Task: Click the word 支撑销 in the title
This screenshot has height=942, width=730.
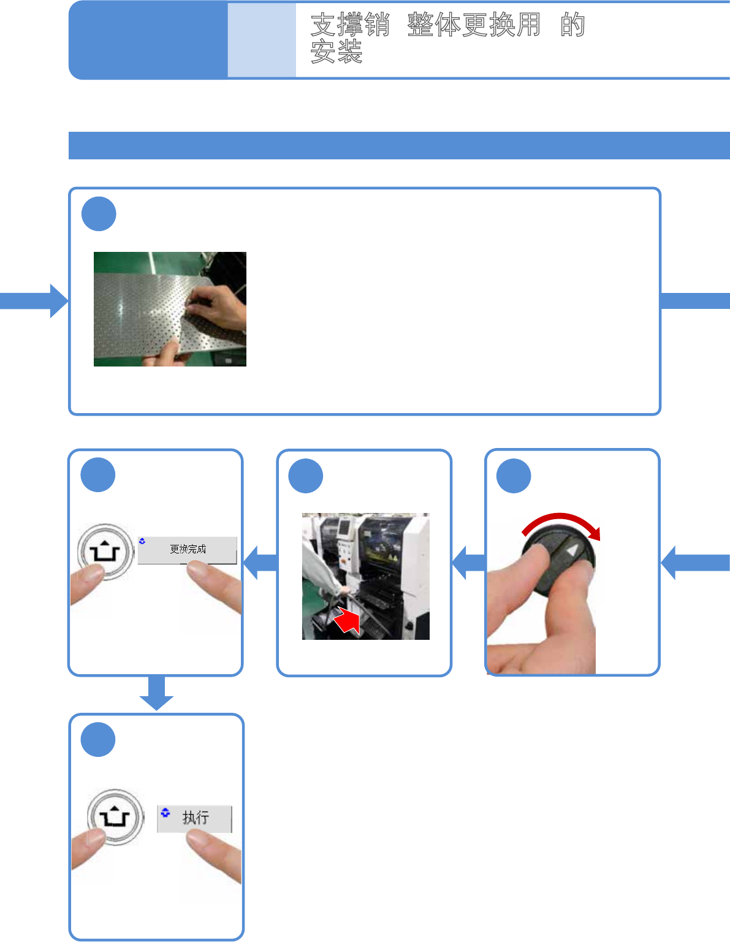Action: click(x=350, y=25)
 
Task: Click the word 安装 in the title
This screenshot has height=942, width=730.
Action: click(x=336, y=52)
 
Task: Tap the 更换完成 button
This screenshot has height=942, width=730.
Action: click(x=188, y=549)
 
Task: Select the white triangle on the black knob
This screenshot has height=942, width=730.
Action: click(x=571, y=550)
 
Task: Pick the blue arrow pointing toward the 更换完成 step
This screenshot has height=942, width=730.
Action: click(x=260, y=563)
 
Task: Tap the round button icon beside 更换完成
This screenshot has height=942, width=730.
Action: click(x=105, y=552)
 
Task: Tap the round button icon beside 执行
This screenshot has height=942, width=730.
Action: click(x=115, y=817)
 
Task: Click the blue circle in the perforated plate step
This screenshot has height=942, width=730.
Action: click(x=99, y=214)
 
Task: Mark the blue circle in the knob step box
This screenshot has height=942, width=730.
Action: click(x=514, y=476)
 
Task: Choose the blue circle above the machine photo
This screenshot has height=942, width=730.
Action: click(x=305, y=476)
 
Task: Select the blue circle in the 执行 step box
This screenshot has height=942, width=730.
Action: click(x=98, y=740)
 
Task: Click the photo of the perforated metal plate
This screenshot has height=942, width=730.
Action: click(x=170, y=309)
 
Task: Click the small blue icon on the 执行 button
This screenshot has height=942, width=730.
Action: click(x=165, y=813)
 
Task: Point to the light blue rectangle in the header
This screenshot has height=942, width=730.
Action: click(x=262, y=40)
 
